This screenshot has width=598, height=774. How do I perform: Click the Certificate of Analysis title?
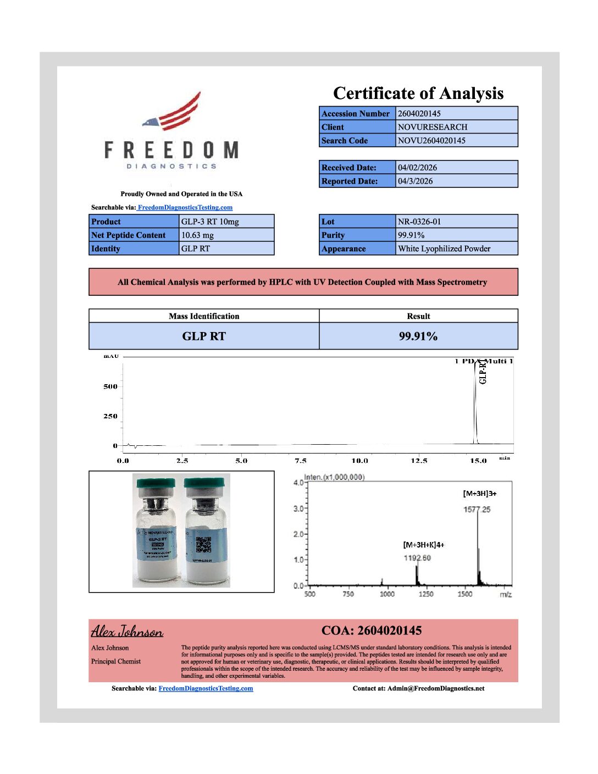click(x=418, y=93)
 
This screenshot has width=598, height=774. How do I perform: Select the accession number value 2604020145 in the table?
click(x=419, y=114)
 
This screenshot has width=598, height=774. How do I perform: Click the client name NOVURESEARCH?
click(x=433, y=127)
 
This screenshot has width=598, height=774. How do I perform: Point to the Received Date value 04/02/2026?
click(x=418, y=168)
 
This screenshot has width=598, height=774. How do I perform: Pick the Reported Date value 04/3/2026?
click(x=416, y=181)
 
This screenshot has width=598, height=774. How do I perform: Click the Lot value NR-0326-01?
click(x=419, y=222)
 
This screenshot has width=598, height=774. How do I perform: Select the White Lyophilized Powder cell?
click(x=444, y=248)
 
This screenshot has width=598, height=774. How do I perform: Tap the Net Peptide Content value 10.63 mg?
click(x=198, y=235)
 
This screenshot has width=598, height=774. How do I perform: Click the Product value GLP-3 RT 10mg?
click(x=210, y=222)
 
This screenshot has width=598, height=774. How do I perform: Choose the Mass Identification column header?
click(x=204, y=316)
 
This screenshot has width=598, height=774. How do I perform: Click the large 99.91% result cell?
click(x=418, y=336)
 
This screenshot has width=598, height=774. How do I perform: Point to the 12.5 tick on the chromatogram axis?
click(x=419, y=461)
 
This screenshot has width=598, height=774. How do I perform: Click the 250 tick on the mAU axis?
click(x=110, y=416)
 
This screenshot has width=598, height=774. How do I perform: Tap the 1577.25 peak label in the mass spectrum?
click(x=477, y=510)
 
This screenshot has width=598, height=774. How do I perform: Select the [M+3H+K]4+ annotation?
click(x=424, y=545)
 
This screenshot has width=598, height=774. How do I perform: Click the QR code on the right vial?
click(x=204, y=544)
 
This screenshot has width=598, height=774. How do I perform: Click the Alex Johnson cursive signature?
click(x=127, y=631)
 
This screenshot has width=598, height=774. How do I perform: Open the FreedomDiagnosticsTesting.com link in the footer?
click(x=206, y=688)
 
